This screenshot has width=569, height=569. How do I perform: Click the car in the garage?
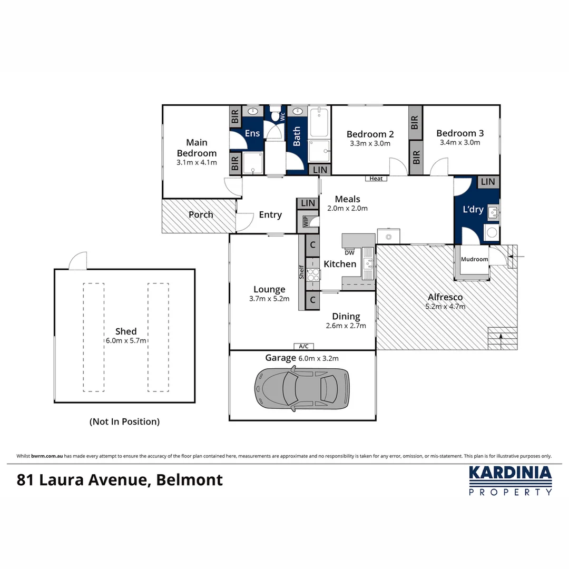point(302,389)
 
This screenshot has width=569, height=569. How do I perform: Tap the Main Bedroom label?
point(197,148)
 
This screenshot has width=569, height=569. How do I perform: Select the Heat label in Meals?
point(376,179)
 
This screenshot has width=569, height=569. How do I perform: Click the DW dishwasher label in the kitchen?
point(349,252)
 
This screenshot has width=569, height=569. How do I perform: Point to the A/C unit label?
point(303,346)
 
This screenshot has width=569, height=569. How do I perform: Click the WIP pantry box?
point(305,221)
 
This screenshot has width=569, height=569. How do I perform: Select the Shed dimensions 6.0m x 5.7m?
point(126,341)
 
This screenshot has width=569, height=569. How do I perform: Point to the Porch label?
point(201,214)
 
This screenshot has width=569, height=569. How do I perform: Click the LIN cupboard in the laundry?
point(488,182)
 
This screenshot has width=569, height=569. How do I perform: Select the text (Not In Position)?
point(124,421)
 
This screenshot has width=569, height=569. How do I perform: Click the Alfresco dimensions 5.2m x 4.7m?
point(445,306)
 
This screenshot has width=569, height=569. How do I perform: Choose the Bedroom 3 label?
point(460,133)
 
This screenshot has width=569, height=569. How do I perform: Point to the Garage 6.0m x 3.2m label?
point(301,358)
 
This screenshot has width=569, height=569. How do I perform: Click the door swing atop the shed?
point(79,260)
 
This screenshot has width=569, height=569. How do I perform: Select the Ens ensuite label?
point(252,133)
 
